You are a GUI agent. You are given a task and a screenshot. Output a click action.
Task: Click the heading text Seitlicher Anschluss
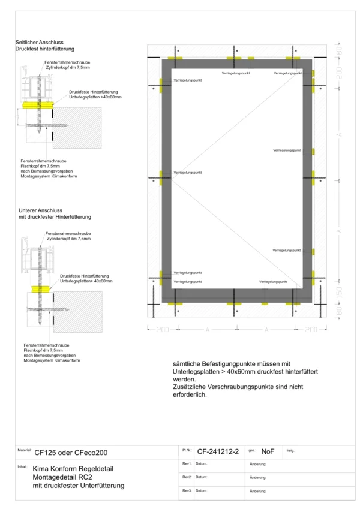coord(36,42)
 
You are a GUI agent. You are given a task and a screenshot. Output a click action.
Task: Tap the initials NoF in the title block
coord(268,451)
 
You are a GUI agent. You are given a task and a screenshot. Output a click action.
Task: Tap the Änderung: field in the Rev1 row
coord(258,464)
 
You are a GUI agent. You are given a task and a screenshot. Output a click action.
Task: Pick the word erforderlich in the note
coord(188,395)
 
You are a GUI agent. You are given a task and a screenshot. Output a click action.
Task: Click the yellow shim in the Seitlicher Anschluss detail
coord(35,104)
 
